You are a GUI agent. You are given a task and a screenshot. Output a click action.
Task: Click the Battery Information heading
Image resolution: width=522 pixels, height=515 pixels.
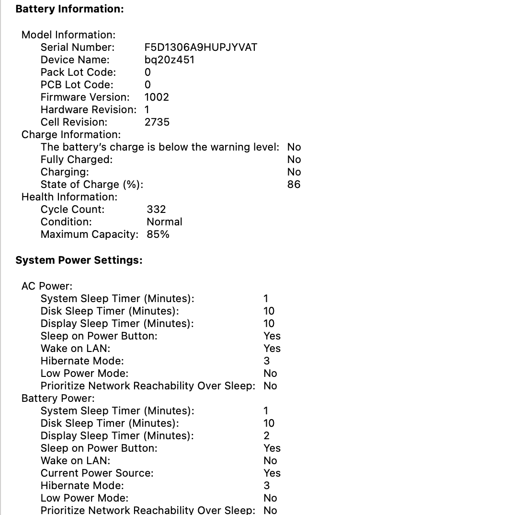tap(69, 9)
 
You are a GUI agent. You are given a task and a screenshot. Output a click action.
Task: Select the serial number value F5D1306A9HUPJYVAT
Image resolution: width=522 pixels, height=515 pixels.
tap(201, 47)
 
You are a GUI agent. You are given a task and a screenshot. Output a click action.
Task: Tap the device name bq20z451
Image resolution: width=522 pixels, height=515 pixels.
tap(169, 59)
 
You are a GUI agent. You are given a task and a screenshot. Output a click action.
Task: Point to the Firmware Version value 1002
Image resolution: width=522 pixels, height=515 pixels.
tap(157, 97)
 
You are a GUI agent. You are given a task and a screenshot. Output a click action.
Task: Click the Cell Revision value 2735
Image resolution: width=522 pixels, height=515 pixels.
tap(157, 122)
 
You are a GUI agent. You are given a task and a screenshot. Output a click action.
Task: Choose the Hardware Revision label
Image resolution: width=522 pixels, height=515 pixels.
tap(88, 109)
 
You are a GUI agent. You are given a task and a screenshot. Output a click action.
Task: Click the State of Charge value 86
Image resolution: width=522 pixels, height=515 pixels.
tap(294, 184)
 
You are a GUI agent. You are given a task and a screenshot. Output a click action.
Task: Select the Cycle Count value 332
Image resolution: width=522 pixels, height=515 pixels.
tap(156, 209)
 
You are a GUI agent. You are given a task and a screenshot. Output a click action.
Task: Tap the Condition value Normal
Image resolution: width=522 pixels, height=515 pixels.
tap(164, 222)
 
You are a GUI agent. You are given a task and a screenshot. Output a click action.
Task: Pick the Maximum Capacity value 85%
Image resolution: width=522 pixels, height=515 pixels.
tap(158, 234)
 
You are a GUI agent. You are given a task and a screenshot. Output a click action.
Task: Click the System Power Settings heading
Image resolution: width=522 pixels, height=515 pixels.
tap(79, 260)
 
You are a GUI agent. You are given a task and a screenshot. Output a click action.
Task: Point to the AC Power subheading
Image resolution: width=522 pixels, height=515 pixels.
tap(47, 286)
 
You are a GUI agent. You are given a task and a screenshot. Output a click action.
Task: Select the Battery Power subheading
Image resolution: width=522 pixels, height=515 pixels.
tap(58, 398)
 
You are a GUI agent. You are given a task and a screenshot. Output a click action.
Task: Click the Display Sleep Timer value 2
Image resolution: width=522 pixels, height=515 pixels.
tap(266, 435)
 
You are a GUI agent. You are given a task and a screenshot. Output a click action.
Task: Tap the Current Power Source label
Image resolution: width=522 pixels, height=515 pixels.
tap(97, 473)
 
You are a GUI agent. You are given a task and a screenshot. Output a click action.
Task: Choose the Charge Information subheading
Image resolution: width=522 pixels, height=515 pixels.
tap(71, 134)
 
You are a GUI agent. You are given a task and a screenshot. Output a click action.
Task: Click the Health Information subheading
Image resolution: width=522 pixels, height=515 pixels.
tap(69, 197)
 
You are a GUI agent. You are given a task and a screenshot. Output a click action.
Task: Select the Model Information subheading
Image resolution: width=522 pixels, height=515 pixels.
tap(68, 35)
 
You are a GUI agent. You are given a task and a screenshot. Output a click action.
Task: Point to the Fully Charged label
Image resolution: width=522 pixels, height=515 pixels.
tap(77, 159)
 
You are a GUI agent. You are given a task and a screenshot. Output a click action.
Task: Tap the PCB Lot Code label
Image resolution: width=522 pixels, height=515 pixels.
tap(77, 84)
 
